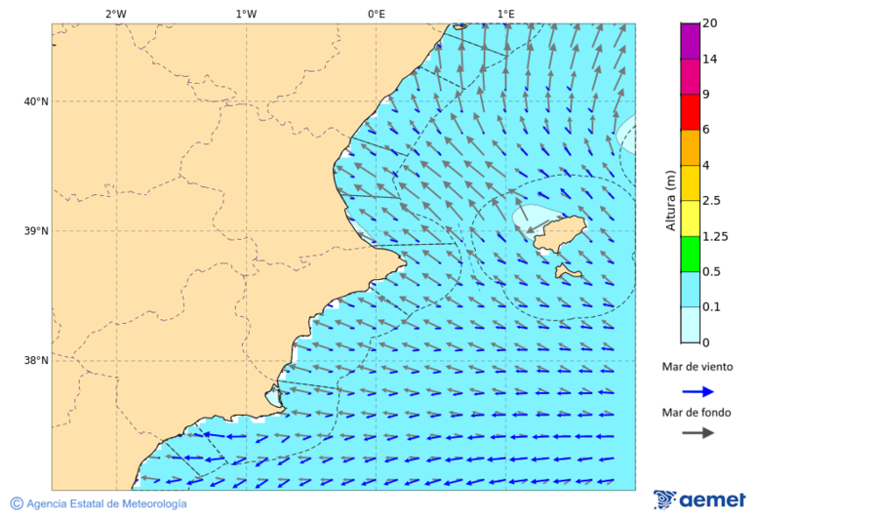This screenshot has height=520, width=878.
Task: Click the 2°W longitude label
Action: click(115, 14)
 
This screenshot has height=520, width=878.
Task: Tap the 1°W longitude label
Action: click(246, 14)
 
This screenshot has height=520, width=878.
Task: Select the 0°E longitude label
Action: click(376, 14)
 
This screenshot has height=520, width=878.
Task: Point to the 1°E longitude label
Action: click(505, 14)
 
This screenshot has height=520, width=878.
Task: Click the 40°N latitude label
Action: click(36, 101)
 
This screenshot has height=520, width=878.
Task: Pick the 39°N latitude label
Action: click(36, 231)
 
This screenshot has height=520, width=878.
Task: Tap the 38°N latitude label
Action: click(36, 361)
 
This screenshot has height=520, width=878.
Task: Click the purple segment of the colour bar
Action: click(690, 41)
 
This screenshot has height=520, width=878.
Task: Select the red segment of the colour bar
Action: click(690, 112)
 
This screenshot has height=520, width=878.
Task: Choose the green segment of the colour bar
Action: click(690, 254)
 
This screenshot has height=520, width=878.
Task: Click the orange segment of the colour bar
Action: click(690, 147)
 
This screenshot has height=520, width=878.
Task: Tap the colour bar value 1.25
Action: click(715, 236)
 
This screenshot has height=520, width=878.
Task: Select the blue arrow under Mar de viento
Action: click(698, 391)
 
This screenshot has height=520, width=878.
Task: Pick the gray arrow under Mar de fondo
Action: click(698, 433)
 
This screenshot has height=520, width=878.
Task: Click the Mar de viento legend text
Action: click(698, 367)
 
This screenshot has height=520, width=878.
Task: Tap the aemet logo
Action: click(699, 500)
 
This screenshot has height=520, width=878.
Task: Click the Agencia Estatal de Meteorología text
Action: click(105, 503)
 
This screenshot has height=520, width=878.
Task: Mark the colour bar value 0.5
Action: click(712, 271)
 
